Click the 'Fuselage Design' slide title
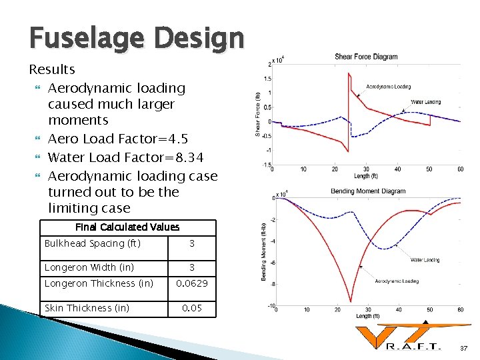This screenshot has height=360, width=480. click(136, 38)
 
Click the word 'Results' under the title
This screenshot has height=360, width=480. click(52, 69)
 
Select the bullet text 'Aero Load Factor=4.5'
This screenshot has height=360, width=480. click(118, 139)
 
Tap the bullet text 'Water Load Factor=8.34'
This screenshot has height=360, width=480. click(126, 157)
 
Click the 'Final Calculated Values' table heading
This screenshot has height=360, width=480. click(127, 227)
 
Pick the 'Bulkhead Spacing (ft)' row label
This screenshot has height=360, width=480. click(93, 243)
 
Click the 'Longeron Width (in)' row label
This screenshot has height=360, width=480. click(89, 267)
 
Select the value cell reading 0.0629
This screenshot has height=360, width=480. click(192, 284)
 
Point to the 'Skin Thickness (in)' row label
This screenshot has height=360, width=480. click(87, 308)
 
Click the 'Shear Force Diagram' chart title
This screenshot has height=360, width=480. click(366, 57)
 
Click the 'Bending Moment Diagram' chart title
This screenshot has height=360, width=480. click(368, 191)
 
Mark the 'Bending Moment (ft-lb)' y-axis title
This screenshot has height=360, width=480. click(263, 251)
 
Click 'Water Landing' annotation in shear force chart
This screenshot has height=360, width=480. click(425, 102)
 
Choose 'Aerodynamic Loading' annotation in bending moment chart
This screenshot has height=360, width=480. click(397, 281)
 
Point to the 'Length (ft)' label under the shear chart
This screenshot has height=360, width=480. click(366, 176)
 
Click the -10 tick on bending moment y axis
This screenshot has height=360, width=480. click(271, 307)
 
